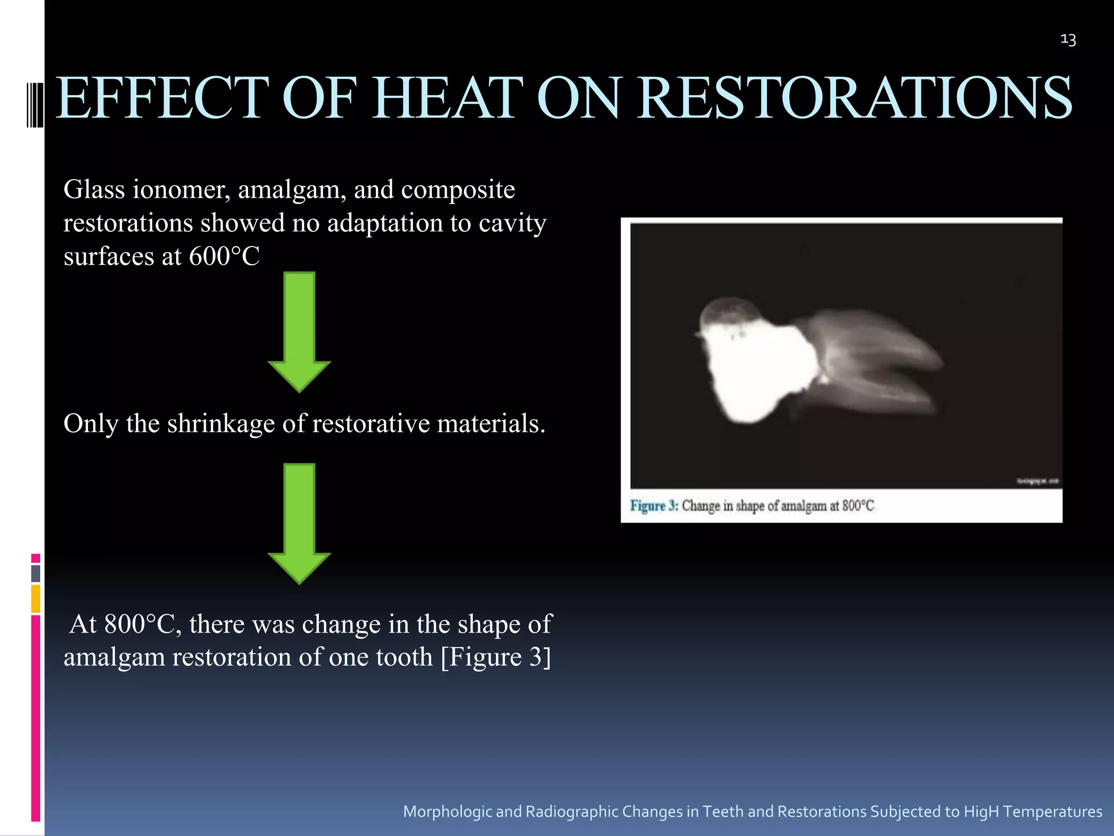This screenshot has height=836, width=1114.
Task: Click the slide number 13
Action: pyautogui.click(x=1068, y=40)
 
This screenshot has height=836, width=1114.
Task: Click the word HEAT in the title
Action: pyautogui.click(x=447, y=98)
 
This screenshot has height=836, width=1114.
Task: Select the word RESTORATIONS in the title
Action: pyautogui.click(x=855, y=98)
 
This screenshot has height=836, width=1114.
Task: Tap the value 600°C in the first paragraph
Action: pyautogui.click(x=224, y=256)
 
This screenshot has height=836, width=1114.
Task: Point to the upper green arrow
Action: pyautogui.click(x=299, y=332)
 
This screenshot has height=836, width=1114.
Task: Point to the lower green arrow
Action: pyautogui.click(x=299, y=524)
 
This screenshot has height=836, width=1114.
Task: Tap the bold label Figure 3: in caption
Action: pyautogui.click(x=654, y=506)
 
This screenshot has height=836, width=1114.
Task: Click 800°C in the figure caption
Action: pyautogui.click(x=858, y=506)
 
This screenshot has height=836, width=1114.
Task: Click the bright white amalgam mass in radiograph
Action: pyautogui.click(x=756, y=370)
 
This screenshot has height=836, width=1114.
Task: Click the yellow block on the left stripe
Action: pyautogui.click(x=35, y=599)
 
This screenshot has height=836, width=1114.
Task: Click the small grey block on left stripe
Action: pyautogui.click(x=35, y=574)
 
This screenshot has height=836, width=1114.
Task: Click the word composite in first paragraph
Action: pyautogui.click(x=458, y=190)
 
